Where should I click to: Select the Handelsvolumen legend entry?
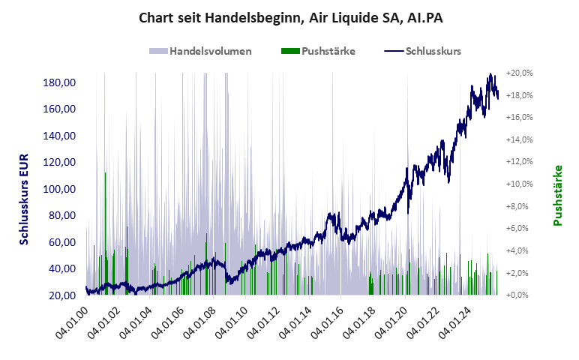pos(209,51)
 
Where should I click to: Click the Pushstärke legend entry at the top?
pos(328,51)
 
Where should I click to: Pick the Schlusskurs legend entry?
pos(432,51)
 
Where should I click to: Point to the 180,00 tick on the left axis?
pos(59,82)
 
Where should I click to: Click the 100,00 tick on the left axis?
pos(59,188)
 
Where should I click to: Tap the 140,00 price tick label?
pos(59,135)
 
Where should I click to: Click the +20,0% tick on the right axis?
pos(519,73)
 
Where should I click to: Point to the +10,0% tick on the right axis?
pos(519,184)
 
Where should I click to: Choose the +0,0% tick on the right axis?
pos(519,295)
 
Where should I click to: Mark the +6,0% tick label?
pos(519,229)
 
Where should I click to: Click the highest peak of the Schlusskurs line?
pos(490,74)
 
